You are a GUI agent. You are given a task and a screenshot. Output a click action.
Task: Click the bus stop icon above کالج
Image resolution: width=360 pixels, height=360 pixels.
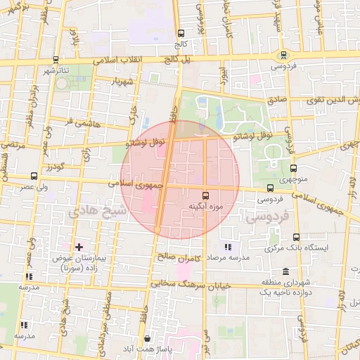(181, 33)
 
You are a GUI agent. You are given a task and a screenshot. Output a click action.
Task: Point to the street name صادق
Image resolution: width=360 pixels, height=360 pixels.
(276, 101)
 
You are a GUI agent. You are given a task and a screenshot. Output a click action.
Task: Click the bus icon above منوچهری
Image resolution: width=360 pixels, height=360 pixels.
(294, 168)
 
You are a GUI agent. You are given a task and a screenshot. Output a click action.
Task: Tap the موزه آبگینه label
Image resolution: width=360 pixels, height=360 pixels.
(205, 206)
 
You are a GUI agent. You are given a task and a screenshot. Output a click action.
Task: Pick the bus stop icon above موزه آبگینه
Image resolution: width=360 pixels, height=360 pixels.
(205, 195)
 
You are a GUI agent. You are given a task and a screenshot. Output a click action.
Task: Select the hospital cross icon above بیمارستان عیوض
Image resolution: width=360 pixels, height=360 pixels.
(79, 247)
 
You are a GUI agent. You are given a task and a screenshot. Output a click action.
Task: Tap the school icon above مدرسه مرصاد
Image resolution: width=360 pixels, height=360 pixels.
(228, 247)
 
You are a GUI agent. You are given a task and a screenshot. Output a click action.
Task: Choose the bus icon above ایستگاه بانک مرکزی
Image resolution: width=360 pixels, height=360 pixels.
(295, 237)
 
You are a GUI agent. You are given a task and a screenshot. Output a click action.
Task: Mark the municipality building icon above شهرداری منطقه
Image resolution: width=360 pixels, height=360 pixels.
(285, 271)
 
